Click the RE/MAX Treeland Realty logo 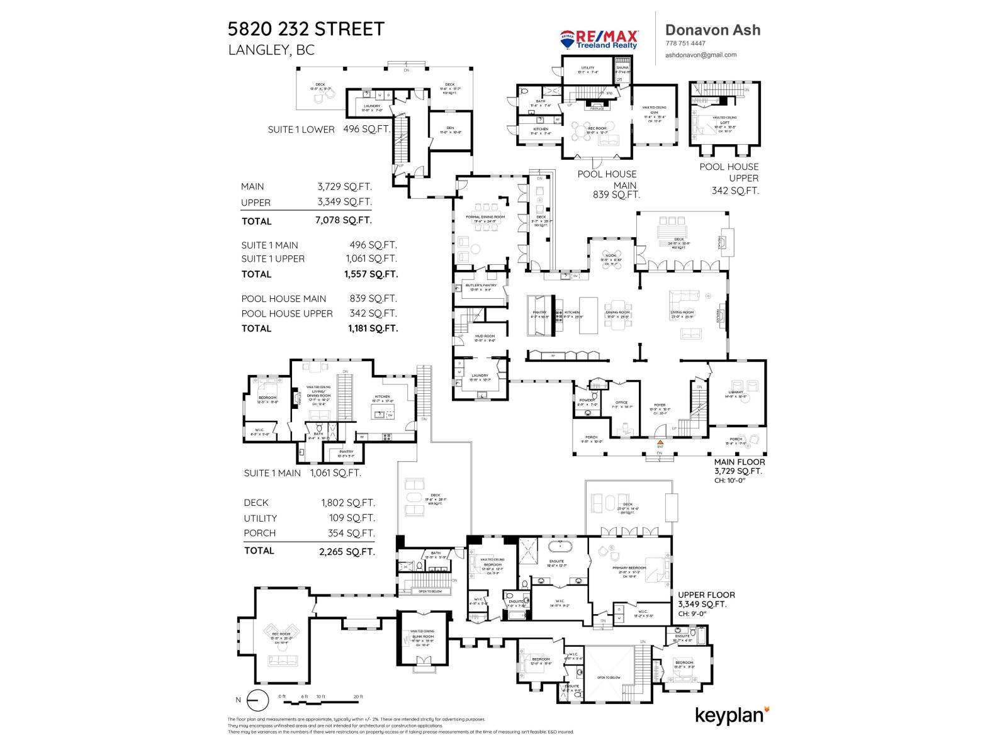[599, 39]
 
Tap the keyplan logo [732, 715]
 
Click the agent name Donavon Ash [712, 30]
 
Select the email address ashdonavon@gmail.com [700, 55]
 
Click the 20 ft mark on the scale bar [358, 696]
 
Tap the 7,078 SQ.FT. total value [343, 220]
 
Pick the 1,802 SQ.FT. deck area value [348, 503]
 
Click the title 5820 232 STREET [306, 29]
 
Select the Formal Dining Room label [485, 217]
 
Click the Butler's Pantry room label [481, 286]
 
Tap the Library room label [735, 393]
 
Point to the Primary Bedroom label [629, 568]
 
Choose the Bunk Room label [422, 637]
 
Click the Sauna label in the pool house [622, 68]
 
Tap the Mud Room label [485, 337]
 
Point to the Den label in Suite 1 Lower [450, 128]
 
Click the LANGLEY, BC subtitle [271, 50]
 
